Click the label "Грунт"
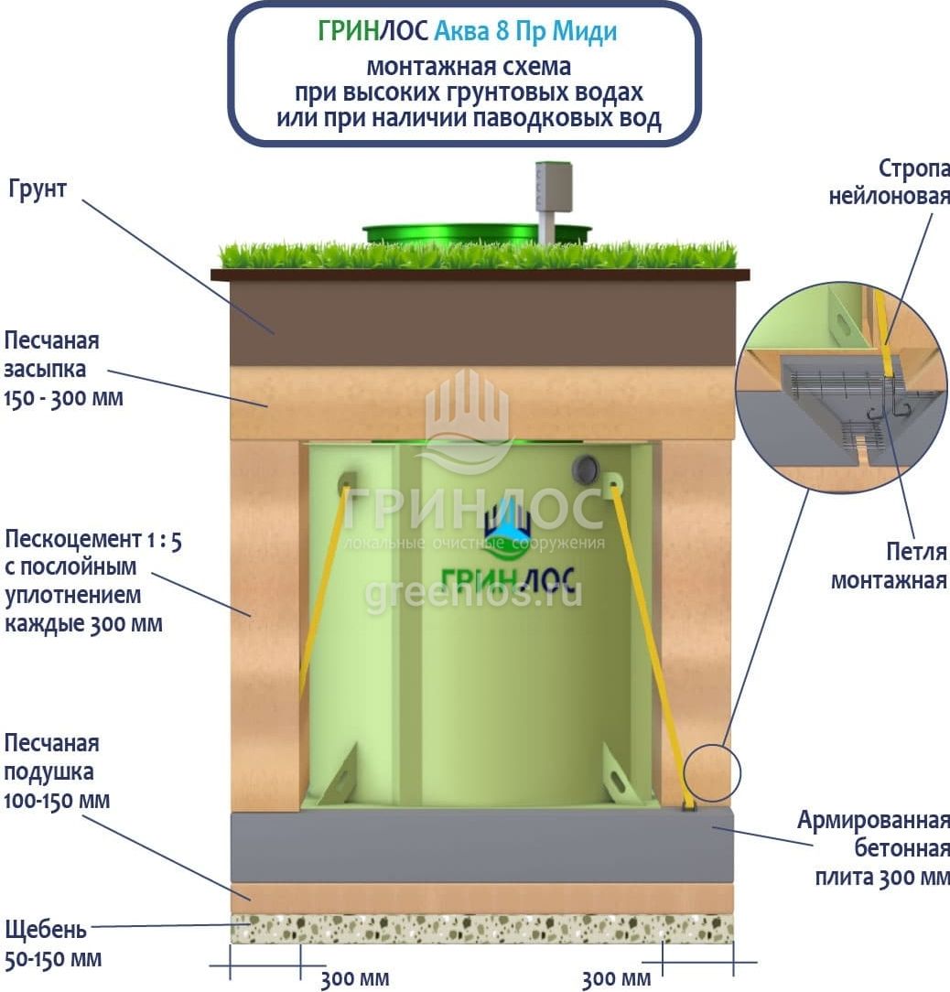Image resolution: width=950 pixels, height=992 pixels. coord(38,191)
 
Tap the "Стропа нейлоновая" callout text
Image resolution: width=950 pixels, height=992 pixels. coord(889,182)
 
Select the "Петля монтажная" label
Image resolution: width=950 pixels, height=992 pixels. coord(889,566)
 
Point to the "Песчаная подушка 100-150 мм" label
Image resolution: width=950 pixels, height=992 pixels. coord(56,771)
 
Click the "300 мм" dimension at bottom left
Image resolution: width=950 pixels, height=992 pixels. coord(354,978)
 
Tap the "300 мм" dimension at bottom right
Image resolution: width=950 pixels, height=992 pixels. coord(616,978)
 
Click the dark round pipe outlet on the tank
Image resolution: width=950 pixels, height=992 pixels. coord(584,469)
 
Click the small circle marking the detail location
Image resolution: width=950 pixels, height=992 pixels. coord(712,772)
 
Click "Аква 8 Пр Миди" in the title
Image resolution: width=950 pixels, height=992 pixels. coord(525,31)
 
